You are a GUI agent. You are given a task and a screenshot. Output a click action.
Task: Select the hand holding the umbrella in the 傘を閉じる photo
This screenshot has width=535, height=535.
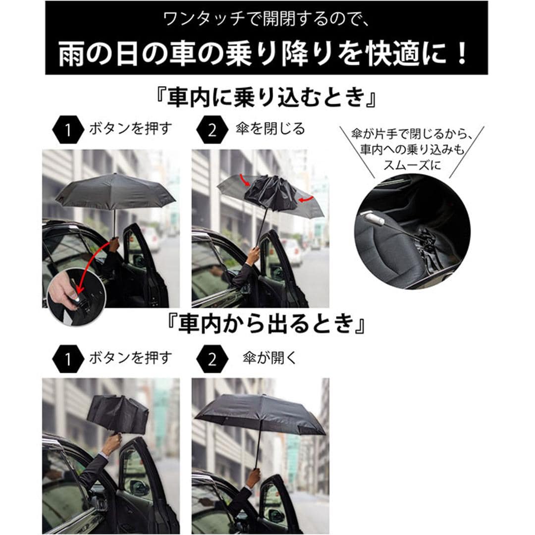(253, 255)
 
